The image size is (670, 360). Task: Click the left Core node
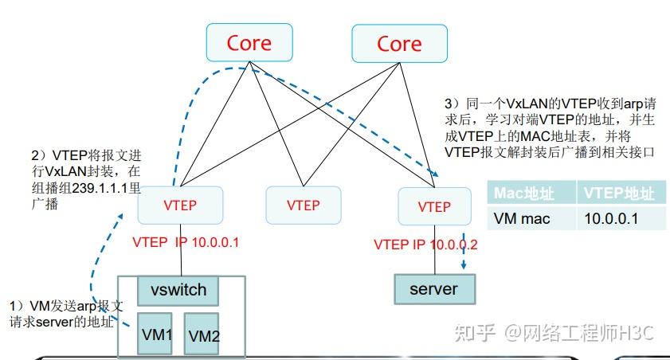(x=249, y=43)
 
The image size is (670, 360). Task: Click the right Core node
(x=399, y=43)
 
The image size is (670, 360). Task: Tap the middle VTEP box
(x=303, y=205)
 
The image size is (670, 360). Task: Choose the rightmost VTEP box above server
(x=434, y=206)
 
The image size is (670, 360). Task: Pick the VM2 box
(x=205, y=335)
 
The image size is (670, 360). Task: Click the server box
(x=433, y=288)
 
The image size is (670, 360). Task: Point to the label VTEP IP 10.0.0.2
(x=425, y=245)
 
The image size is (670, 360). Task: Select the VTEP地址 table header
(x=619, y=193)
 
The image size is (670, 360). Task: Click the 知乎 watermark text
(x=473, y=331)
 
